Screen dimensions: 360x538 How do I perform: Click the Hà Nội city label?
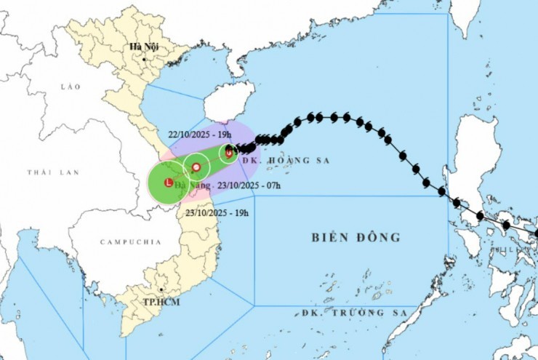143,47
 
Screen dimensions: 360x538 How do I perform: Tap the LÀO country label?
71,87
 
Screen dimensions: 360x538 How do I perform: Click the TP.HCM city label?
161,302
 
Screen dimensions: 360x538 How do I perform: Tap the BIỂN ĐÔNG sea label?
356,237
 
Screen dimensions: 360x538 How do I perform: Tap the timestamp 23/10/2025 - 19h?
217,212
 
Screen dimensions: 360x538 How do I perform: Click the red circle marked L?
169,182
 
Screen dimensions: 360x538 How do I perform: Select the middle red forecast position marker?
196,168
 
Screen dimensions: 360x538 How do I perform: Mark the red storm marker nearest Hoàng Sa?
228,153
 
